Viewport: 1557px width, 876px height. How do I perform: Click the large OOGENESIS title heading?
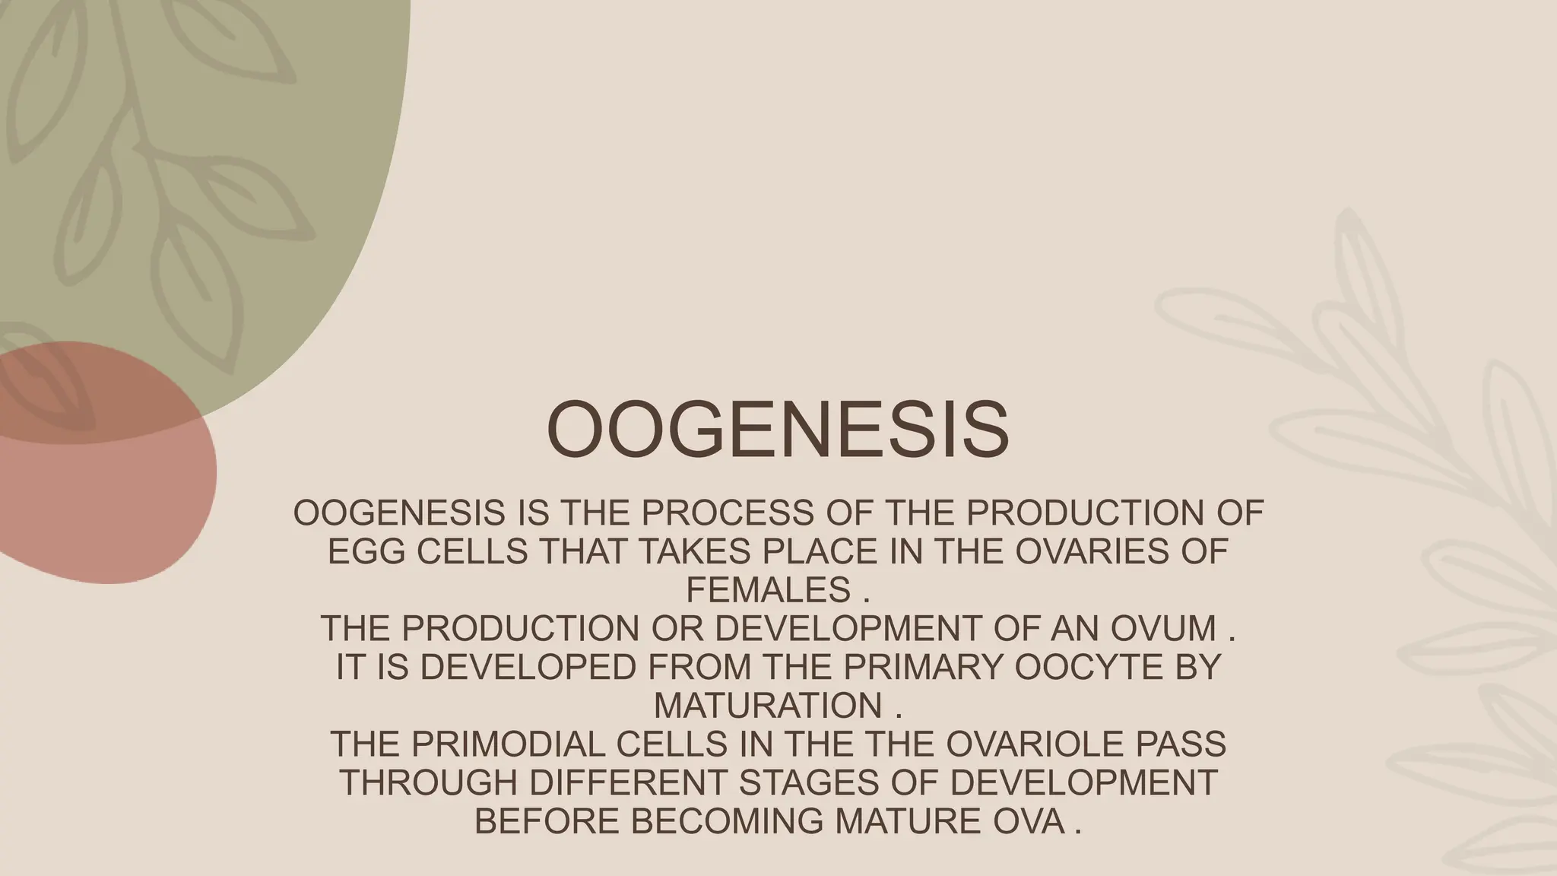point(778,429)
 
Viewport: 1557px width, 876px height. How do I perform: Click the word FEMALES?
point(768,590)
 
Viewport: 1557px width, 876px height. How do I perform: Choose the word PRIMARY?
point(923,667)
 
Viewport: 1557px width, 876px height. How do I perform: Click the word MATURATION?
point(768,706)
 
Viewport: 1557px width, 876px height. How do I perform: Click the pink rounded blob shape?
point(114,502)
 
